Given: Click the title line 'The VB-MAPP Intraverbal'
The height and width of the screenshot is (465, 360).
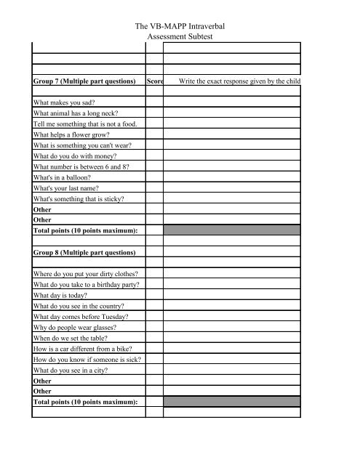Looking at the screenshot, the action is click(x=180, y=25).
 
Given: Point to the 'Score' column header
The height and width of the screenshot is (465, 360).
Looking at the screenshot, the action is click(x=154, y=83).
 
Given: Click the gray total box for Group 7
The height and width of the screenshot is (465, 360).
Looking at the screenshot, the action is click(x=231, y=230).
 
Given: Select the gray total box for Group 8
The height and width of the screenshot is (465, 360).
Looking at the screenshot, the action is click(x=231, y=401).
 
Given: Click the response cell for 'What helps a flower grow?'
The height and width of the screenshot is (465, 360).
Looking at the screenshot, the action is click(x=231, y=135).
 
